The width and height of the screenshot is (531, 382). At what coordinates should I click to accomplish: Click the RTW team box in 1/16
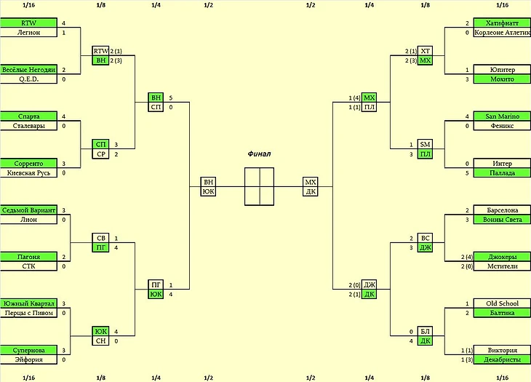tap(28, 23)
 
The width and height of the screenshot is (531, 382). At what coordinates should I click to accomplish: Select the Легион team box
tap(28, 33)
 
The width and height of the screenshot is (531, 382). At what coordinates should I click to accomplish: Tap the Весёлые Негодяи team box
tap(28, 70)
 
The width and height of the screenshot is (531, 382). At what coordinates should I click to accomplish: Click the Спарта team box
tap(28, 116)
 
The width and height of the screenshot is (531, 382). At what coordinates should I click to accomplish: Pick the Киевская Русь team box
tap(28, 173)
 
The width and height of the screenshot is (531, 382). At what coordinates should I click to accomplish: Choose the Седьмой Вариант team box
tap(28, 210)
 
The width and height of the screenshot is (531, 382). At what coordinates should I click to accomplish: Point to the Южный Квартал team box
tap(28, 303)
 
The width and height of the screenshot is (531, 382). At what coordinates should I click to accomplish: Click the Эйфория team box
tap(28, 359)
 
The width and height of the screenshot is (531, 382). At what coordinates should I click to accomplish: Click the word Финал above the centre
tap(259, 154)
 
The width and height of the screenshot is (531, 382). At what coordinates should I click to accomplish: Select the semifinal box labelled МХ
tap(311, 182)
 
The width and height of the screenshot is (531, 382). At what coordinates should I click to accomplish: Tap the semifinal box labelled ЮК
tap(209, 191)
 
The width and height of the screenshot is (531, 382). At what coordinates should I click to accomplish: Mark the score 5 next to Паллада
tap(467, 173)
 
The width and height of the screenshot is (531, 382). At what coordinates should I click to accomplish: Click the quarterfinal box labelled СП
tap(156, 107)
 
